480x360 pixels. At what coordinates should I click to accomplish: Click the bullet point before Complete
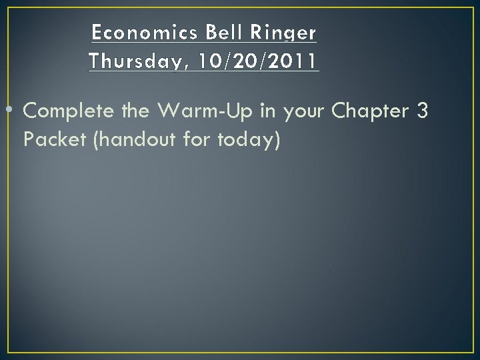[x=15, y=112]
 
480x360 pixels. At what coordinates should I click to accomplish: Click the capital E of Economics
[x=97, y=32]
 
